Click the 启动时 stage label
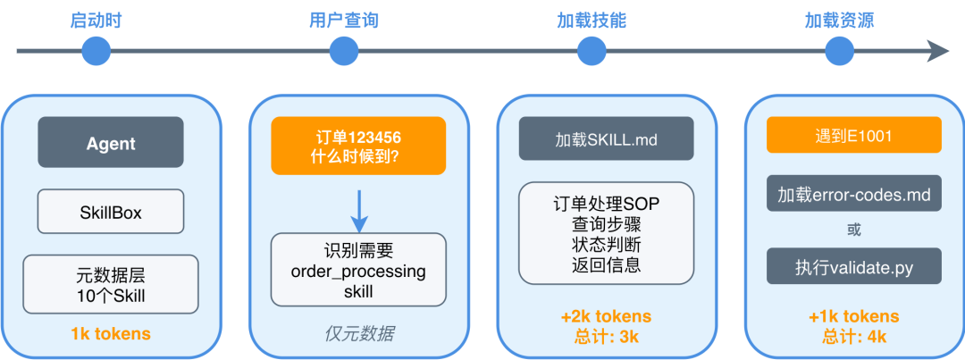tap(96, 21)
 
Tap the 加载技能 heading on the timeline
tap(585, 21)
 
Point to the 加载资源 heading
tap(837, 21)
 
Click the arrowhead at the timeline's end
tap(938, 51)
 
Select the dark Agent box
tap(111, 143)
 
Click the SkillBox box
tap(111, 212)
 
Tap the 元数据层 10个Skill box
tap(111, 284)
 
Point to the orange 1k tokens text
tap(111, 334)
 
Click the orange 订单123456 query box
tap(358, 147)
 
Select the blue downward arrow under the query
tap(358, 209)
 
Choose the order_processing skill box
tap(358, 270)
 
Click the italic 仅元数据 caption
tap(358, 334)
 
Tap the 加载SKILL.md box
tap(606, 139)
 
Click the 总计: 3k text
tap(606, 338)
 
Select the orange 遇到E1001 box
tap(853, 136)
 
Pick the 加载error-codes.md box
tap(853, 194)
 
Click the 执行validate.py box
tap(853, 266)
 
